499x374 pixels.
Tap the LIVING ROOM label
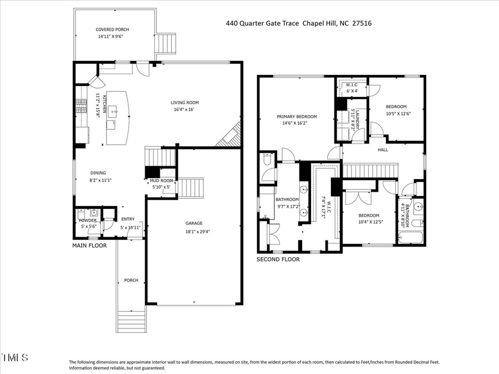coord(184,103)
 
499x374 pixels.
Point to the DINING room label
coord(98,173)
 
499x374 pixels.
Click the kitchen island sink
coord(115,111)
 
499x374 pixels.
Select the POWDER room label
coord(88,221)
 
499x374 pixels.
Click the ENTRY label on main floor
coord(128,219)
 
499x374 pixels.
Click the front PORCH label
coord(131,280)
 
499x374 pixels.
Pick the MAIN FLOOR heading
coord(89,245)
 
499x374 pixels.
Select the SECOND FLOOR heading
coord(277,259)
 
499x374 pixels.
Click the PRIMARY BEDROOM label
coord(297,116)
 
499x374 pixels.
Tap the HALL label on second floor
coord(383,150)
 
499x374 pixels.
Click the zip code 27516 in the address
coord(360,23)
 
